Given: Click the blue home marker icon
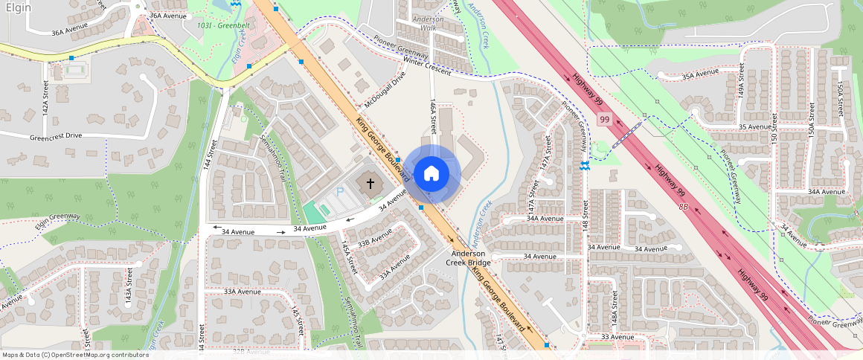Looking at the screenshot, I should [x=431, y=174].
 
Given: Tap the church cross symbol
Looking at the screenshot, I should [x=370, y=181].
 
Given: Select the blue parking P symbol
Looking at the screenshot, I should [x=341, y=192].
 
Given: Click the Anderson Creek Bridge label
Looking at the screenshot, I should [x=468, y=258].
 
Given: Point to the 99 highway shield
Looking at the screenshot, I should [x=604, y=119].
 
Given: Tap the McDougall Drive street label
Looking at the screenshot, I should [x=385, y=89].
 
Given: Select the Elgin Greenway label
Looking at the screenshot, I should [x=55, y=217].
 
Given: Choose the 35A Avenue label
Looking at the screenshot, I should [x=700, y=73].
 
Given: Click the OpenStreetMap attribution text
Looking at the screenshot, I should [x=74, y=355].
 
